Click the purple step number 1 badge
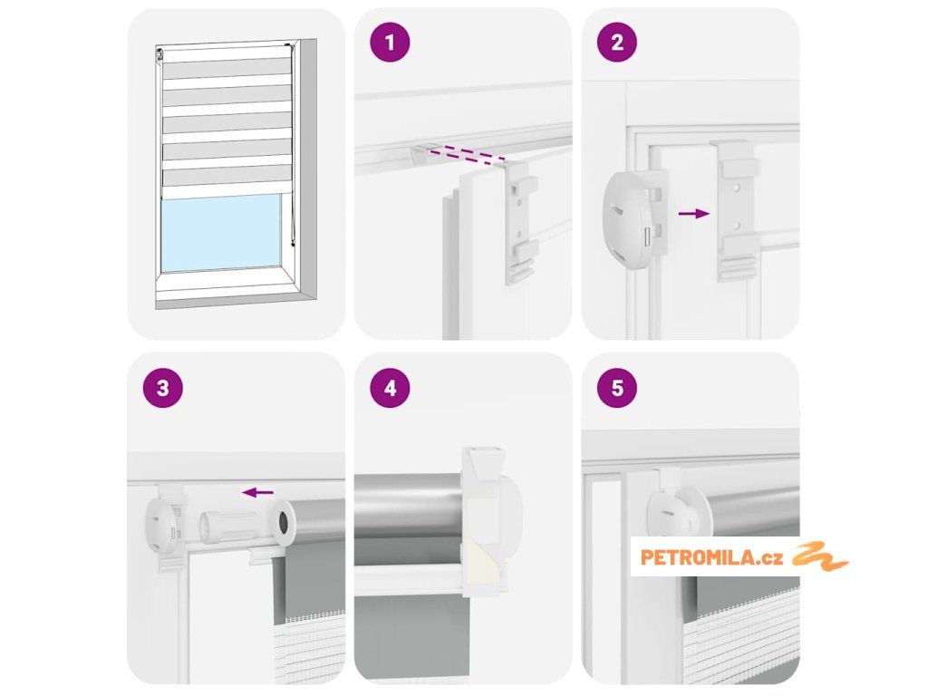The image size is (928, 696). (390, 42)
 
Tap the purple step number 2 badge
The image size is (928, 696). (616, 42)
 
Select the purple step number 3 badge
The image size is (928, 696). (163, 388)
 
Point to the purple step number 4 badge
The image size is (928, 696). (390, 388)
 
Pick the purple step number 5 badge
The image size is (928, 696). (616, 388)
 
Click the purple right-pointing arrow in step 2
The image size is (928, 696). (693, 214)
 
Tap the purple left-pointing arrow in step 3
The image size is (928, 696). (258, 492)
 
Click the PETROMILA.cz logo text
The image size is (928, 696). (711, 557)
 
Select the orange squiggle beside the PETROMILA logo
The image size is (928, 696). (819, 556)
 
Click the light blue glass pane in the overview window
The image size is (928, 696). (221, 233)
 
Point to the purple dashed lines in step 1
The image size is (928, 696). (467, 154)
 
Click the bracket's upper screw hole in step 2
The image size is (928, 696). (736, 188)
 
